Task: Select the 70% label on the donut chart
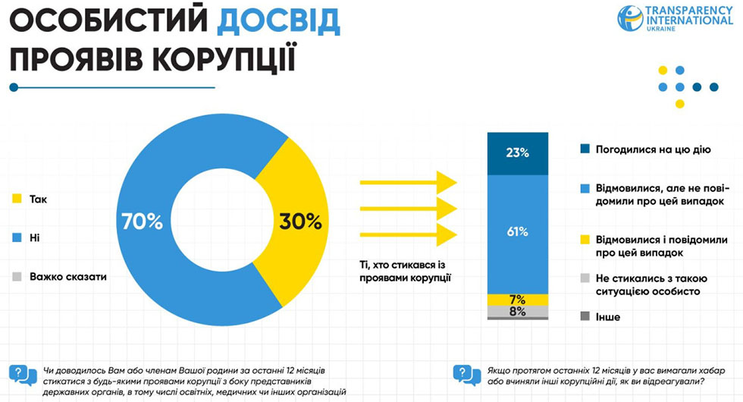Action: tap(142, 221)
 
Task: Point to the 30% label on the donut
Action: tap(301, 221)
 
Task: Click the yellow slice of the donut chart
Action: tap(292, 190)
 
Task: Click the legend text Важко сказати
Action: tap(68, 277)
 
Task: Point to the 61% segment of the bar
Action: tap(518, 232)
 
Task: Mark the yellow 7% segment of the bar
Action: tap(518, 299)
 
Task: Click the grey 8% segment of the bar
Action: tap(518, 311)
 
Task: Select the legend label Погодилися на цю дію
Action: tap(653, 149)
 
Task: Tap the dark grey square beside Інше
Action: tap(584, 316)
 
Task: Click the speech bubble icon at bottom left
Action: tap(22, 375)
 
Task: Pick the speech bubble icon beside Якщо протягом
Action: tap(467, 375)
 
